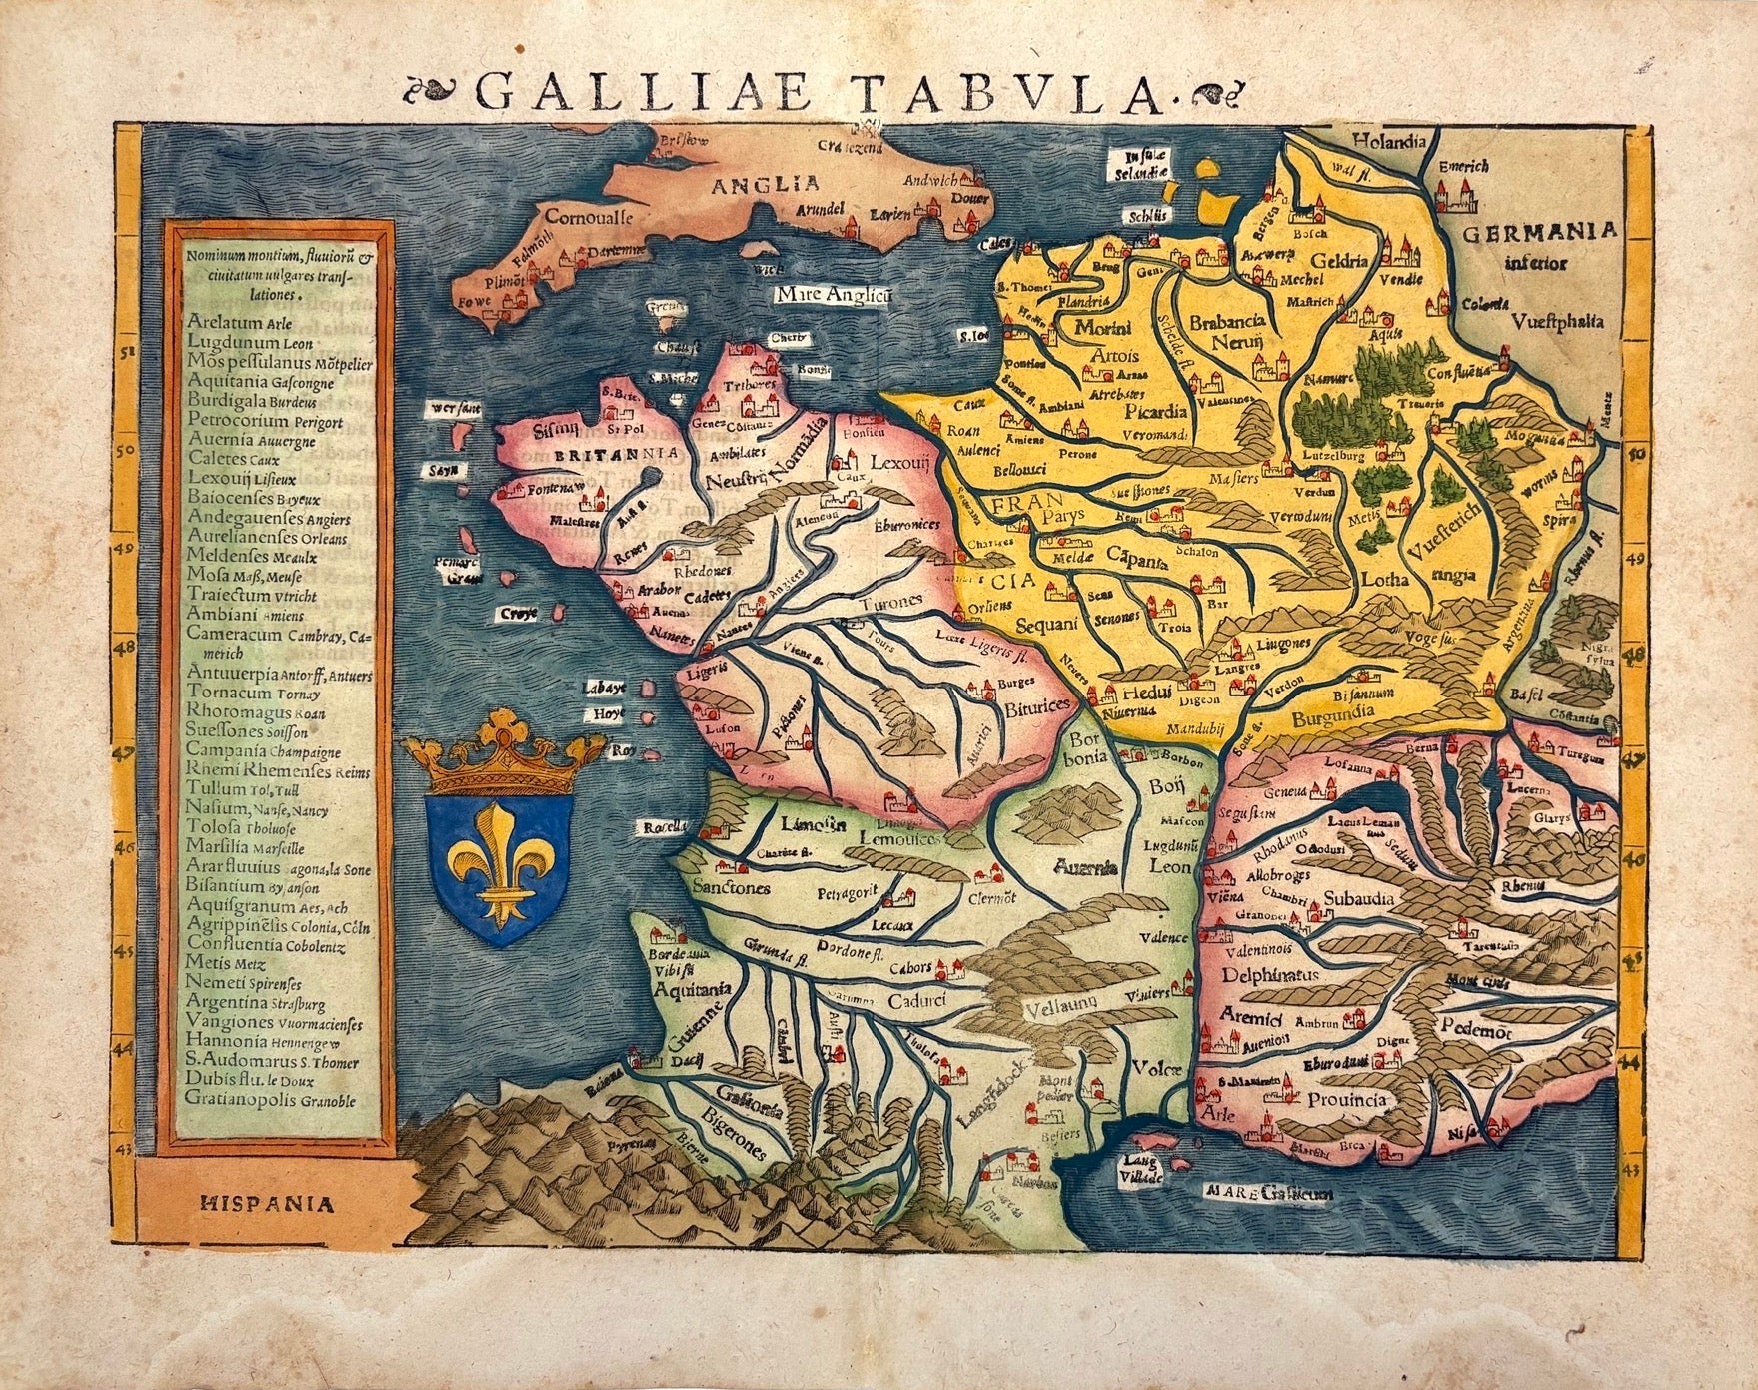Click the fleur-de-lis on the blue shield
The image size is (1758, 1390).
point(499,862)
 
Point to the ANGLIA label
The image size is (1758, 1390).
point(764,183)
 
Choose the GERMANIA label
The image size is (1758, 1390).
point(1538,232)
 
